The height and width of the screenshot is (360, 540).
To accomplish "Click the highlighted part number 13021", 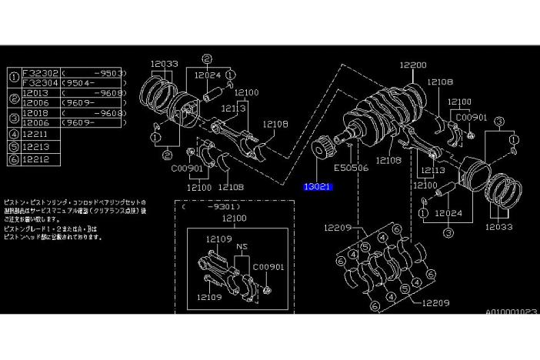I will (318, 187).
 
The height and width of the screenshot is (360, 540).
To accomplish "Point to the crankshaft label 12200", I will (412, 66).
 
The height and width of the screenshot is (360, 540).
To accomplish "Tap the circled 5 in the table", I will (14, 145).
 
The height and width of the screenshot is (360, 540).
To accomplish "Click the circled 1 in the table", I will (14, 77).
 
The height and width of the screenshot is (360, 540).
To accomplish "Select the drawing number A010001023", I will (510, 312).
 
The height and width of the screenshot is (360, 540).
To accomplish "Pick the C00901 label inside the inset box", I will (269, 267).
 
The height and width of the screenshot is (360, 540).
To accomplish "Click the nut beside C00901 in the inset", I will (265, 289).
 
